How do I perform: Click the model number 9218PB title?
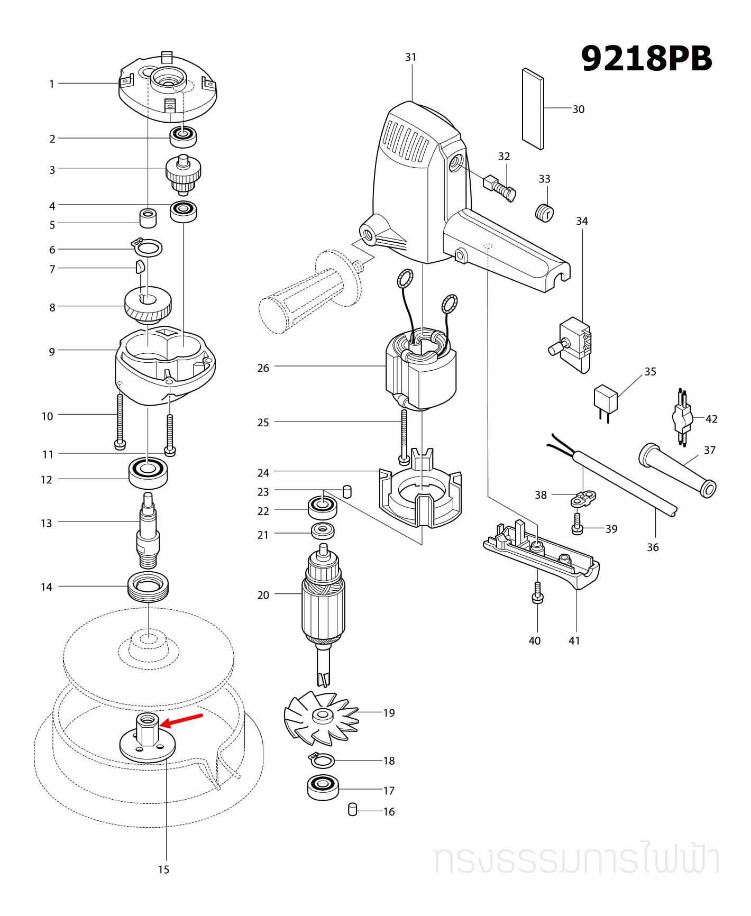coord(646,58)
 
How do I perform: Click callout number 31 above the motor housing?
coord(411,57)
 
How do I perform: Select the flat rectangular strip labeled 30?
coord(533,109)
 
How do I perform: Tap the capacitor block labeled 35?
coord(606,399)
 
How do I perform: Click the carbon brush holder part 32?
coord(499,187)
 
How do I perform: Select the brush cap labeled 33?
coord(544,213)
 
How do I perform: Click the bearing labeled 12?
coord(148,472)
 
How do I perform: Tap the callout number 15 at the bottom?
coord(163,869)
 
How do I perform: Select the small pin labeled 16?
coord(353,809)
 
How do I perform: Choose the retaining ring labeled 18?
coord(322,761)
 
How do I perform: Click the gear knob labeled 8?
coord(148,304)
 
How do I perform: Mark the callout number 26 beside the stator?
coord(263,368)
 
